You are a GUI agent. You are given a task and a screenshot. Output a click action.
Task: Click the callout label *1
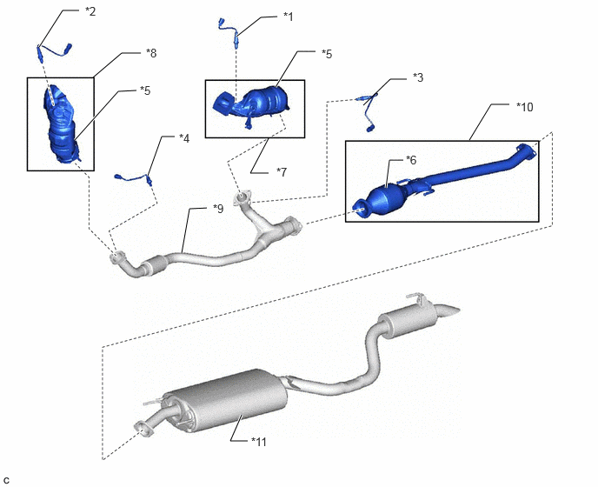click(289, 17)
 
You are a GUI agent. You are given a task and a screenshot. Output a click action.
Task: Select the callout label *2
click(90, 11)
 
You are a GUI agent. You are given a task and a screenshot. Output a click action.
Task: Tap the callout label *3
click(418, 77)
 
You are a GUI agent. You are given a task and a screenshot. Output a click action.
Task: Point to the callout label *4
click(184, 138)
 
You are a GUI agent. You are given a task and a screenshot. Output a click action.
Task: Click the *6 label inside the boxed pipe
click(411, 160)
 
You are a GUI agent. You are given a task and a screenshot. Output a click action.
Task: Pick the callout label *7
click(282, 172)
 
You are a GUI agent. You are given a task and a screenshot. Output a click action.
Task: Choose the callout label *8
click(151, 53)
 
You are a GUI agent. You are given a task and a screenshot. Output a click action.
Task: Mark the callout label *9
click(218, 209)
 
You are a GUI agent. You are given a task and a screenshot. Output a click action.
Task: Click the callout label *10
click(525, 107)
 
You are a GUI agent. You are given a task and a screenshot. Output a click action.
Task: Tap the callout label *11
click(259, 442)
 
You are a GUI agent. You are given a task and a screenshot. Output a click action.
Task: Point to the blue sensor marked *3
click(367, 110)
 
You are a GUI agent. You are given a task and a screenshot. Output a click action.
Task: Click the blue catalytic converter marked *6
click(385, 197)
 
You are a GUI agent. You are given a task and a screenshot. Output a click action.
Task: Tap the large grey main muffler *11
click(228, 401)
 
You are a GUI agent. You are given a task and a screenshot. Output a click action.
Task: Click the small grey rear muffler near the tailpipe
click(408, 320)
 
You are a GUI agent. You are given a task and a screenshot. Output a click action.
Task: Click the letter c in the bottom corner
click(6, 480)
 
